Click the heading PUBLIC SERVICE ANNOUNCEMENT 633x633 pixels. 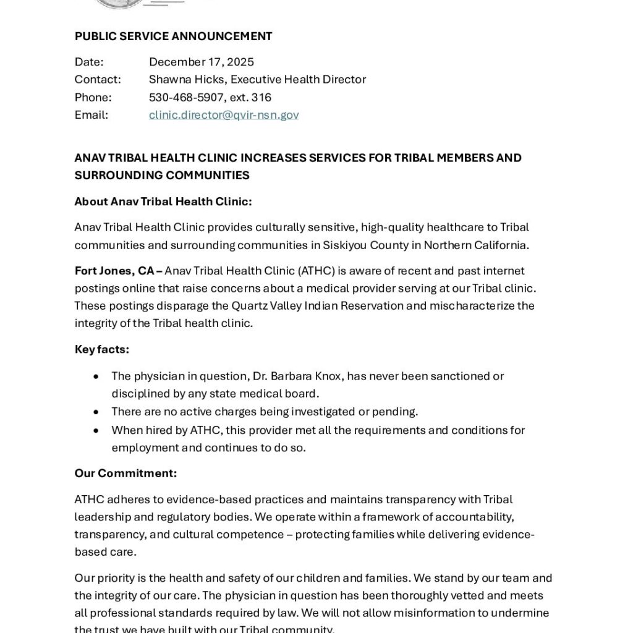point(173,36)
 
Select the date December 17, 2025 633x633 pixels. point(202,62)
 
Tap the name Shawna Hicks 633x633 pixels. point(187,80)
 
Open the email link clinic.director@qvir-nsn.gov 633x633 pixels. point(224,115)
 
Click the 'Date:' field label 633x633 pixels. point(89,62)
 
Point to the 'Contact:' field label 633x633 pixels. point(98,80)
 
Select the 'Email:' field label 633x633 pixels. point(91,115)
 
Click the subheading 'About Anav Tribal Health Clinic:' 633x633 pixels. point(163,202)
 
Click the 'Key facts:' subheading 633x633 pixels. point(102,349)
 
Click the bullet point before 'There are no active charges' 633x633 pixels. point(96,412)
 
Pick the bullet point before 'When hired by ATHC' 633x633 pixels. point(96,430)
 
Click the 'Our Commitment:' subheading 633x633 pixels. point(125,474)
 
